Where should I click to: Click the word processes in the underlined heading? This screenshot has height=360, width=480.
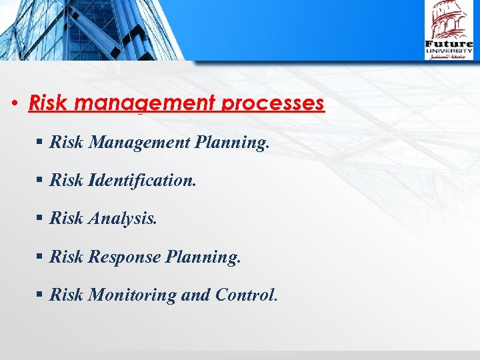pyautogui.click(x=275, y=104)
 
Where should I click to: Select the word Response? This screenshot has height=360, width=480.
pyautogui.click(x=125, y=257)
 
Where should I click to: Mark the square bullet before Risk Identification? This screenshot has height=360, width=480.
pyautogui.click(x=41, y=181)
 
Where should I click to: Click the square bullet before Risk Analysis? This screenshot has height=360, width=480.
pyautogui.click(x=41, y=219)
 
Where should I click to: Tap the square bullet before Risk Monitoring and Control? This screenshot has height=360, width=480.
pyautogui.click(x=41, y=295)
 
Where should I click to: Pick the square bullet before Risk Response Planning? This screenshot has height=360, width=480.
pyautogui.click(x=41, y=257)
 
